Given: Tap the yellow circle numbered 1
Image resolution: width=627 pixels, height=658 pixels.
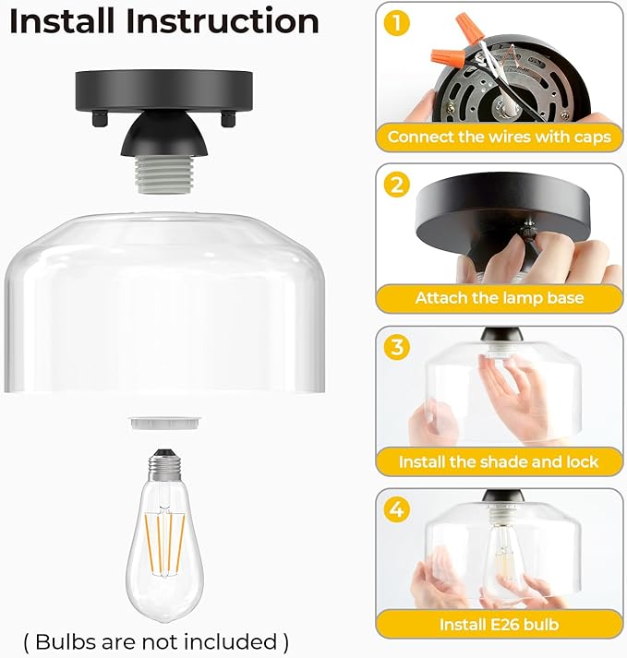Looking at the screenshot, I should (x=396, y=23).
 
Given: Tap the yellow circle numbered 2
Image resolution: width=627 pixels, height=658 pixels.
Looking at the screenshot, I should (x=396, y=185).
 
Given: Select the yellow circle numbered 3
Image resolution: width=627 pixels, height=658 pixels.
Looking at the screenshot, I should (x=396, y=347).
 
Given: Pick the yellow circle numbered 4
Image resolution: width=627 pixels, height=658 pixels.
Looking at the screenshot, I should (x=396, y=509).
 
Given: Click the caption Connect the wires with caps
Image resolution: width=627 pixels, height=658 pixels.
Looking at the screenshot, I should (x=499, y=137).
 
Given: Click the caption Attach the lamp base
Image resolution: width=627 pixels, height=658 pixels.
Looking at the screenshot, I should (x=499, y=298).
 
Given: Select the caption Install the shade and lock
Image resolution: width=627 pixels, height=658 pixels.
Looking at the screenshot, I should (x=499, y=461).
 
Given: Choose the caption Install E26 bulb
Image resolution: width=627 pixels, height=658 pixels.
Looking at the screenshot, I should (x=499, y=624).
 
